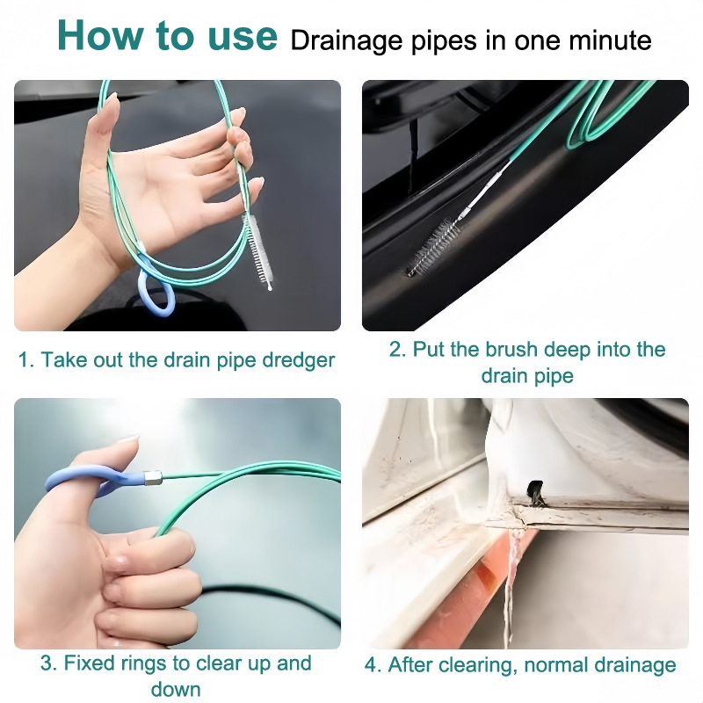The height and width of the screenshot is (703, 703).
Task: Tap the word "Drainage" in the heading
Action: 346,41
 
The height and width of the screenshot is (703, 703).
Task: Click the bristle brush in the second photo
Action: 433,246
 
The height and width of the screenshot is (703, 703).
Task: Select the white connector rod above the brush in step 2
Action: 486,189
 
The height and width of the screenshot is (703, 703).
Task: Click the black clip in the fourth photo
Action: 536,492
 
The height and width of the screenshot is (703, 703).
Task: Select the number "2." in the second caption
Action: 398,349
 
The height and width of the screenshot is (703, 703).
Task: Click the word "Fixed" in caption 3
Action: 89,663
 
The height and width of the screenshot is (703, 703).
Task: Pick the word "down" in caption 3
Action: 176,689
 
